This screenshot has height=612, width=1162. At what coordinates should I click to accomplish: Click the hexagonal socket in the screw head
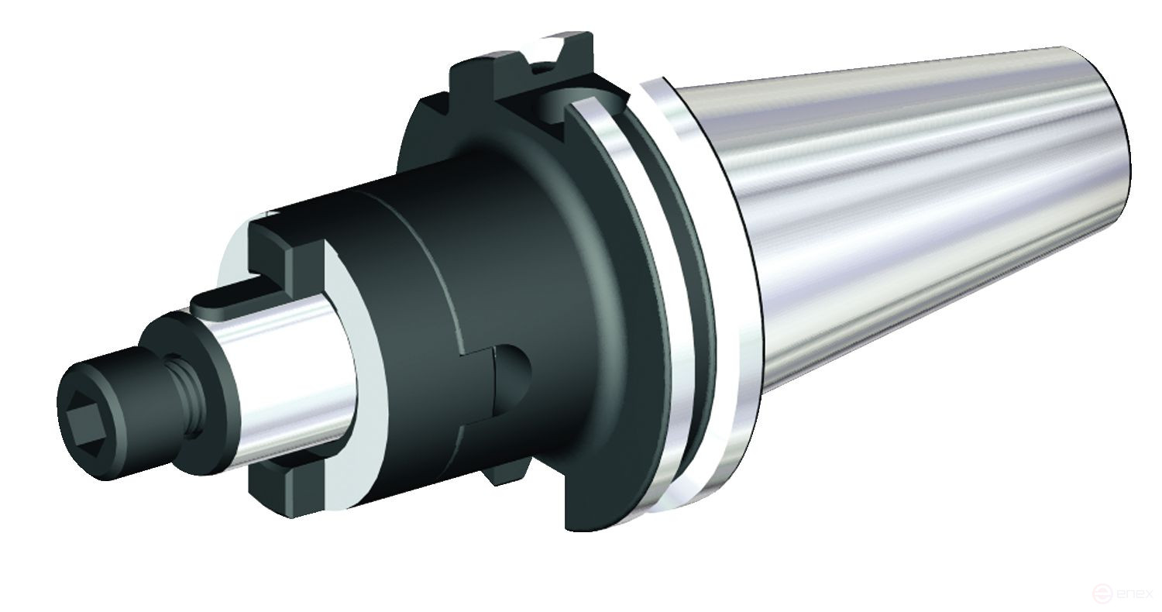(84, 419)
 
